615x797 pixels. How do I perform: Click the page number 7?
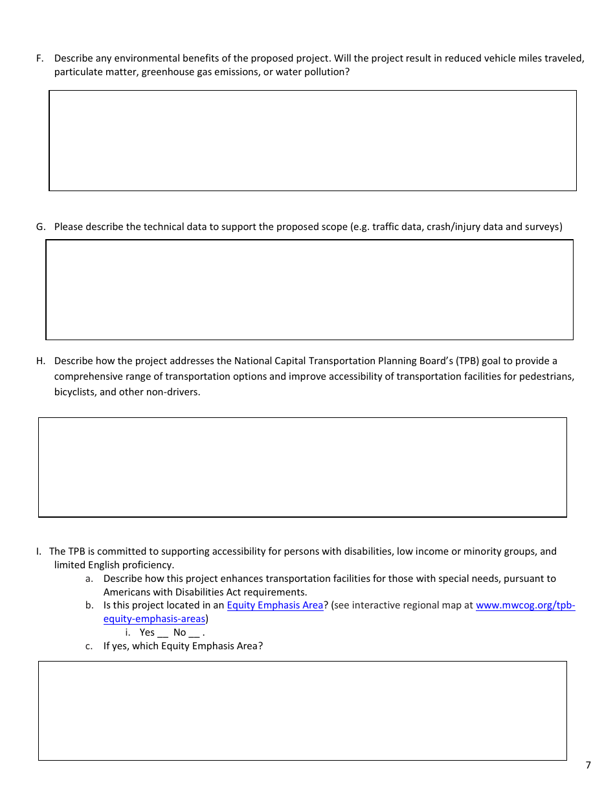(588, 765)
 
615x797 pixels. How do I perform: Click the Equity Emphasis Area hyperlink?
(274, 605)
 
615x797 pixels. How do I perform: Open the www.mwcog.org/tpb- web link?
(525, 605)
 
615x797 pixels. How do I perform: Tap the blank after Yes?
(162, 634)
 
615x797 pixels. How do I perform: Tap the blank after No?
(194, 634)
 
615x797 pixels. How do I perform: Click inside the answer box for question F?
(313, 141)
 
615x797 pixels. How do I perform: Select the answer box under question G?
(309, 290)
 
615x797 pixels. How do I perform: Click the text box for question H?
(302, 467)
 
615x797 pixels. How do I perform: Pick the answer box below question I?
(302, 710)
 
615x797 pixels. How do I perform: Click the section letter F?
(39, 58)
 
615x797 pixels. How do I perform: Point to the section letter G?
(40, 227)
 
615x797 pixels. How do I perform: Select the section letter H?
(40, 361)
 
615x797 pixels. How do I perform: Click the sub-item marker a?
(89, 579)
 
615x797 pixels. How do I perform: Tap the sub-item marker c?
(89, 646)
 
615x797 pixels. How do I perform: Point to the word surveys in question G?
(544, 227)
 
